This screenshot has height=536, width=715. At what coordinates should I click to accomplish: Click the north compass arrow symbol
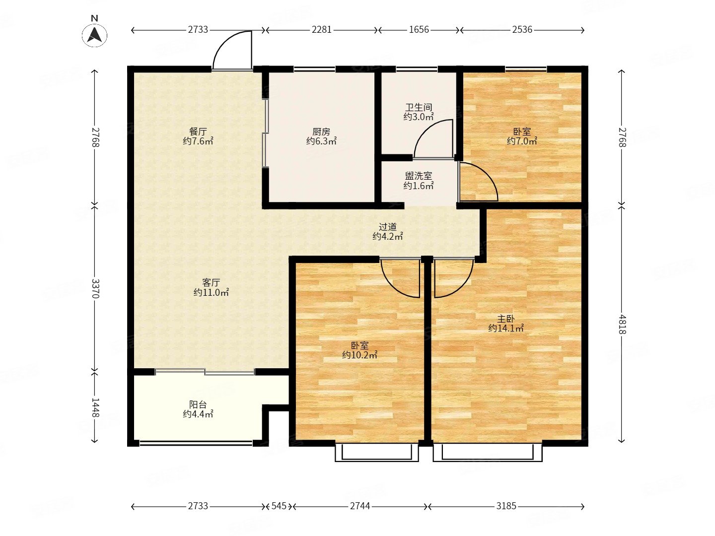point(94,35)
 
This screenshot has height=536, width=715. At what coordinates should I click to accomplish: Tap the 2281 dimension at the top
point(321,30)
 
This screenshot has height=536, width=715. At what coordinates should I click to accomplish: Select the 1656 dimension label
point(419,30)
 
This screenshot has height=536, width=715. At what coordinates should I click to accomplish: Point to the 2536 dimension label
point(522,30)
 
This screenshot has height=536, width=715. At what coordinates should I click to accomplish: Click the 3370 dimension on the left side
point(95,288)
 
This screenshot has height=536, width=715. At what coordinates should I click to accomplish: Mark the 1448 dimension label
point(95,407)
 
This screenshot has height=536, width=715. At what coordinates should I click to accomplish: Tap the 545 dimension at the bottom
point(279,506)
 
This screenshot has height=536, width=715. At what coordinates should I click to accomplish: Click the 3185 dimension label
point(506,506)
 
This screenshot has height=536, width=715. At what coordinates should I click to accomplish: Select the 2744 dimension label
point(360,506)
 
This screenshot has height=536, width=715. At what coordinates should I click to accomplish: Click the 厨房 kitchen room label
point(321,132)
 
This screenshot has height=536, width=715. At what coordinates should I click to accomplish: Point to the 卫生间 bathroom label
point(419,107)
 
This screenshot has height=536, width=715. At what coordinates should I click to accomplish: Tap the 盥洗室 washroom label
point(419,176)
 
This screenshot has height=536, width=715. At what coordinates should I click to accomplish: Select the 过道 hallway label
point(388,226)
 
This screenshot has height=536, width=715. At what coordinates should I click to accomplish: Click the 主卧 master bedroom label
point(506,319)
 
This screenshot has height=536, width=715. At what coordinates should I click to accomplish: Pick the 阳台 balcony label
point(198,404)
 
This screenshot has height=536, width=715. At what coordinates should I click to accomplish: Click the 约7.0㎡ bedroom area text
point(522,141)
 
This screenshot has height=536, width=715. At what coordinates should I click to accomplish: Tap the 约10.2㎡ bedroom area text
point(359,355)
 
